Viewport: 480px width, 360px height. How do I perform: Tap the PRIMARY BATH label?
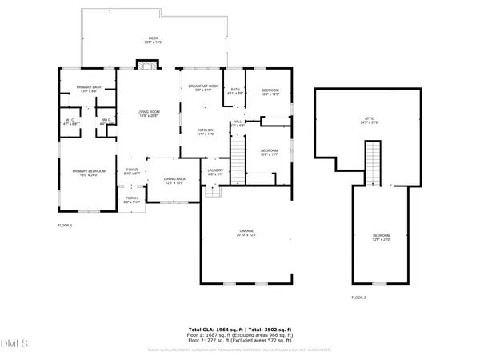(x=88, y=89)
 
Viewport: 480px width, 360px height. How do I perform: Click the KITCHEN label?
(x=206, y=132)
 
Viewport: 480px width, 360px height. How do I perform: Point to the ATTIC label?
(x=369, y=121)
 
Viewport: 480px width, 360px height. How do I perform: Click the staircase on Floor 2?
(x=372, y=163)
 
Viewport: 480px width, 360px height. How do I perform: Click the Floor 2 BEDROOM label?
(x=381, y=237)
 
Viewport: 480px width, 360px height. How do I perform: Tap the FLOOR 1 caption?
(x=66, y=226)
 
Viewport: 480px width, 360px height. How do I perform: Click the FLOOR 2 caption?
(x=358, y=298)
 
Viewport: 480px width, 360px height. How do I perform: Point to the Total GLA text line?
(x=240, y=329)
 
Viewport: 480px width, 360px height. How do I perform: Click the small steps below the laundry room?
(x=212, y=192)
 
